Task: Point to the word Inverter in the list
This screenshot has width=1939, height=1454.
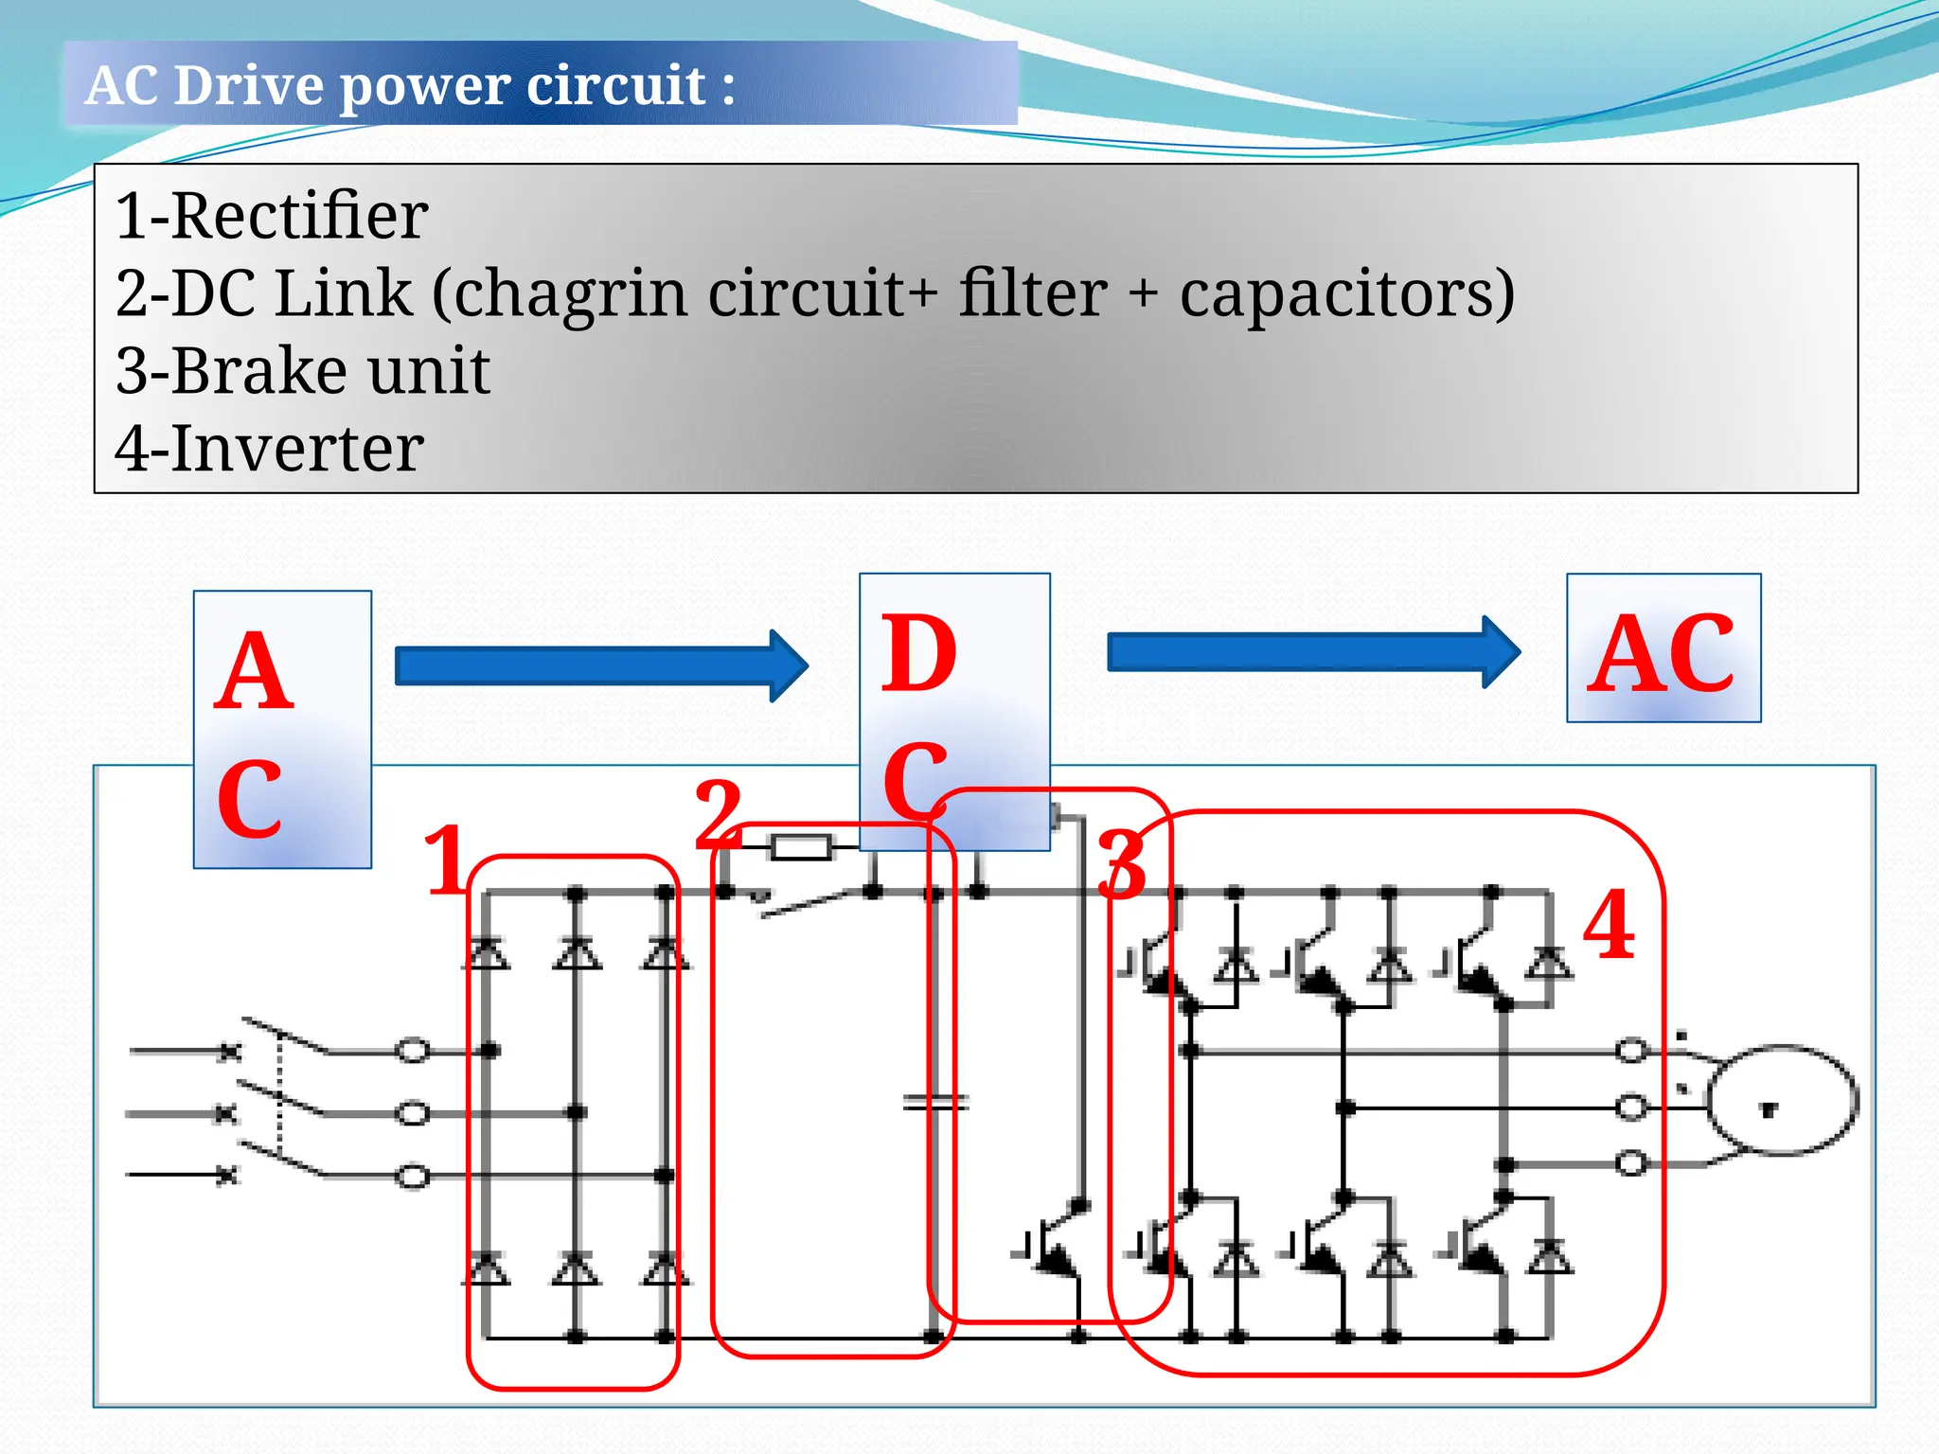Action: (x=297, y=449)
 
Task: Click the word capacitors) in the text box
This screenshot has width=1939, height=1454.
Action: (x=1346, y=293)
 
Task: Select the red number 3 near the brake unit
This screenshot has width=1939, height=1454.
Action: (x=1123, y=864)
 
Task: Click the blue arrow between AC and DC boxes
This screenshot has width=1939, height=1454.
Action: (x=600, y=665)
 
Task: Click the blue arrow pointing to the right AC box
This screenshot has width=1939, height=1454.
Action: (x=1312, y=652)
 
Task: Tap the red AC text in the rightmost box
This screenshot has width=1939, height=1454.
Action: (x=1662, y=653)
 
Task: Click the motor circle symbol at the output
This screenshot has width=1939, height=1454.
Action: (x=1782, y=1100)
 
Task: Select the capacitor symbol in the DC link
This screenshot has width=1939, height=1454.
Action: (x=934, y=1102)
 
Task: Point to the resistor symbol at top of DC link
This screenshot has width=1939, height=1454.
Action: (x=801, y=846)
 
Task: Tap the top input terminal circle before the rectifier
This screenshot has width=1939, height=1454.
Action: (x=413, y=1051)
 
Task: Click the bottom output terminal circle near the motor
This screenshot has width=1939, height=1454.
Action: (x=1630, y=1162)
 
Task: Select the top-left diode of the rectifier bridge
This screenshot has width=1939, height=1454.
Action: (x=487, y=952)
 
